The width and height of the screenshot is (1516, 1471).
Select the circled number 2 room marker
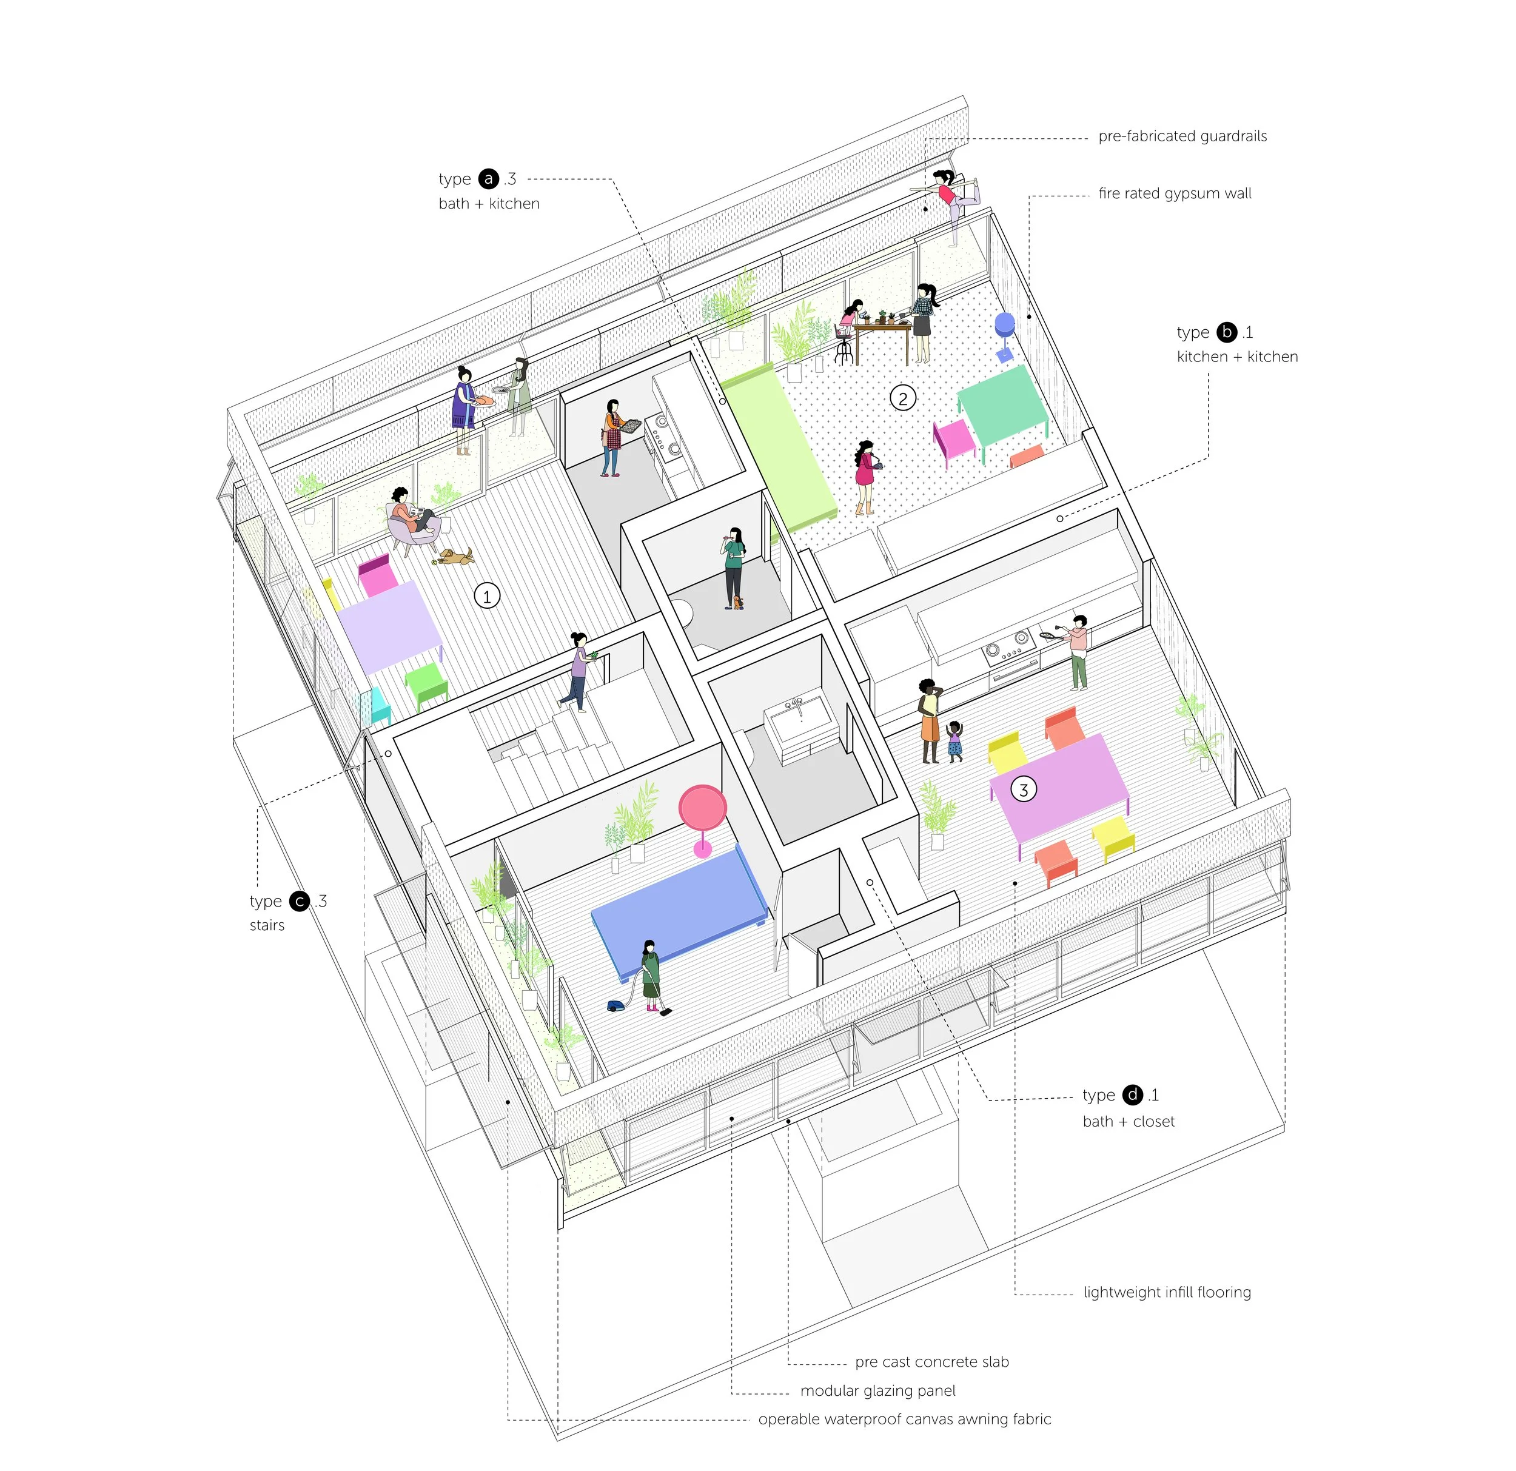coord(903,398)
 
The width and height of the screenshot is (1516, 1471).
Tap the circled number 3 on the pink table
coord(1024,789)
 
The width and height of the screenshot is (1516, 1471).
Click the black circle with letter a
coord(488,179)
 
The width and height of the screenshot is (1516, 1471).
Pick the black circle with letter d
coord(1132,1094)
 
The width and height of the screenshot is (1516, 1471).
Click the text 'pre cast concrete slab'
coord(931,1362)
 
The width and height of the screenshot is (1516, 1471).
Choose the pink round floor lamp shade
coord(702,808)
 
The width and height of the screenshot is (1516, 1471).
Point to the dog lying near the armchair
coord(455,556)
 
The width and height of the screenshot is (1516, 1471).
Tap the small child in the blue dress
coord(954,741)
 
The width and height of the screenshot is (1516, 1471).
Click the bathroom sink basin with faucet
coord(799,718)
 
